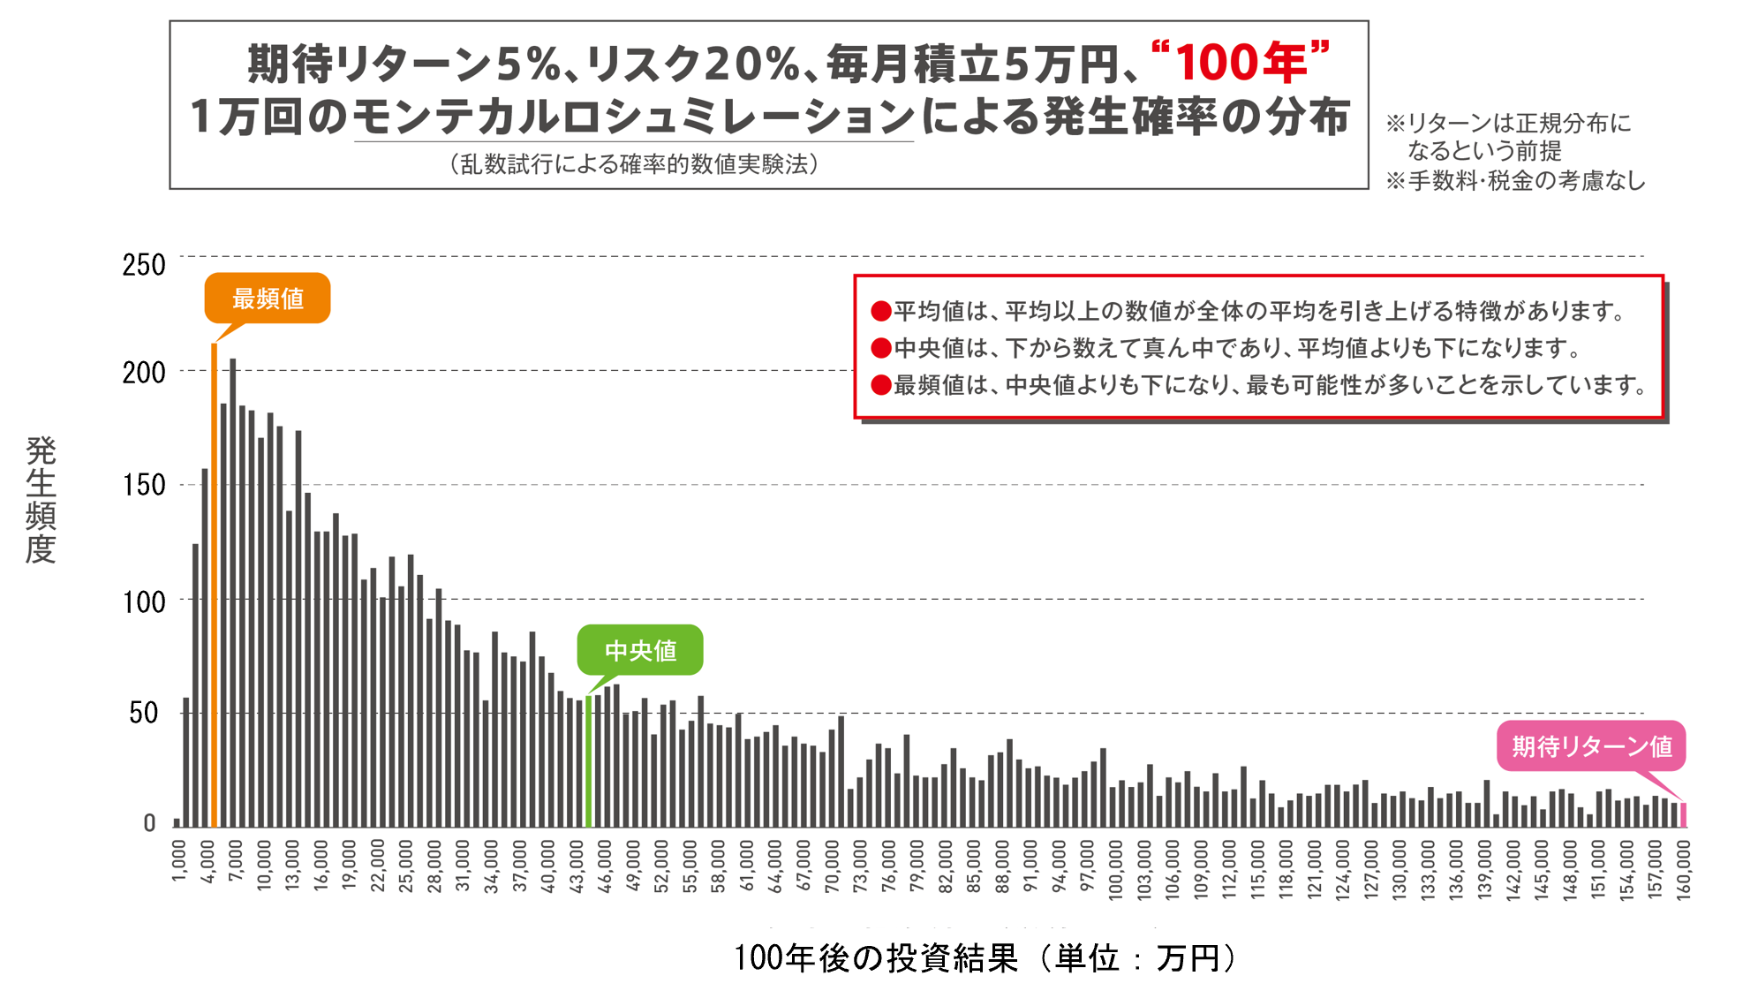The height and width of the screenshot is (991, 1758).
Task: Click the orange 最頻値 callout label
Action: pos(267,299)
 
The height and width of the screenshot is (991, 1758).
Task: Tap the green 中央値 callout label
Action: pos(640,651)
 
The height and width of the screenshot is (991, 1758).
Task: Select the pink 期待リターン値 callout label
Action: pos(1591,746)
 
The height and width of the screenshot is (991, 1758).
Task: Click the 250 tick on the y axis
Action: pos(144,265)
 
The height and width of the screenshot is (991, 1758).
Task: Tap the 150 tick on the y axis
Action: pos(144,485)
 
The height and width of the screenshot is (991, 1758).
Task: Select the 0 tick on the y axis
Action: pos(149,823)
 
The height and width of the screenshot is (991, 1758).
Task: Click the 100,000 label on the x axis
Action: pos(1115,870)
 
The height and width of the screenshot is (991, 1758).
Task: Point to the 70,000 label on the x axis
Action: pos(832,866)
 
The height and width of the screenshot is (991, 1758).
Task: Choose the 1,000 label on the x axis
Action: pos(179,861)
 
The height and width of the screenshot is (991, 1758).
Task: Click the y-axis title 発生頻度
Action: pos(41,499)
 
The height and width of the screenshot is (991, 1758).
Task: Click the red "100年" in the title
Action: pos(1241,63)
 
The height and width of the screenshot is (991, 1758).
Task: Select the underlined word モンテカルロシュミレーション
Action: pos(633,117)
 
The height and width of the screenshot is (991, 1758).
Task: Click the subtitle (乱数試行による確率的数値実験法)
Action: pos(633,164)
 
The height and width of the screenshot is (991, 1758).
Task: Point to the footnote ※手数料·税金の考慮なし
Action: pos(1515,181)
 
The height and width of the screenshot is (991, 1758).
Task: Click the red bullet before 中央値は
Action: pos(880,348)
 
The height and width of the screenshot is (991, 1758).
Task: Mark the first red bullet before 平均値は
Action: pos(880,311)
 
